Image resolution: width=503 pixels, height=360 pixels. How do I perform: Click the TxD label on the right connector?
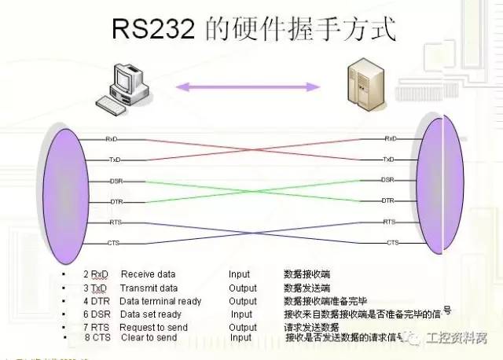click(x=388, y=159)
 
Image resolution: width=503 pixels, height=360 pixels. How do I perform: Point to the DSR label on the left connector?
click(x=116, y=182)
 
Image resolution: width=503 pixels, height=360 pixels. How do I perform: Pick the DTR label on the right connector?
click(x=387, y=200)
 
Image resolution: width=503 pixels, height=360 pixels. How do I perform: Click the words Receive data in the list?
click(x=148, y=274)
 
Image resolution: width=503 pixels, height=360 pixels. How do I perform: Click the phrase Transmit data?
click(x=149, y=288)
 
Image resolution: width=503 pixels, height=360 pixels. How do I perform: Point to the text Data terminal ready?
click(x=160, y=301)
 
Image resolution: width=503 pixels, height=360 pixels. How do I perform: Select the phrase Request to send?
click(x=154, y=327)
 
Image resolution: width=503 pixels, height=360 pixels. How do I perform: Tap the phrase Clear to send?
click(x=149, y=338)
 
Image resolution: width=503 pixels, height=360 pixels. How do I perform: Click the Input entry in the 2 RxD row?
click(x=239, y=274)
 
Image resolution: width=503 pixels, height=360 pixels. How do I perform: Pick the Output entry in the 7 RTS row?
click(x=243, y=327)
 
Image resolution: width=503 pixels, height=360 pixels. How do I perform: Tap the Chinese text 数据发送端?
click(x=307, y=288)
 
